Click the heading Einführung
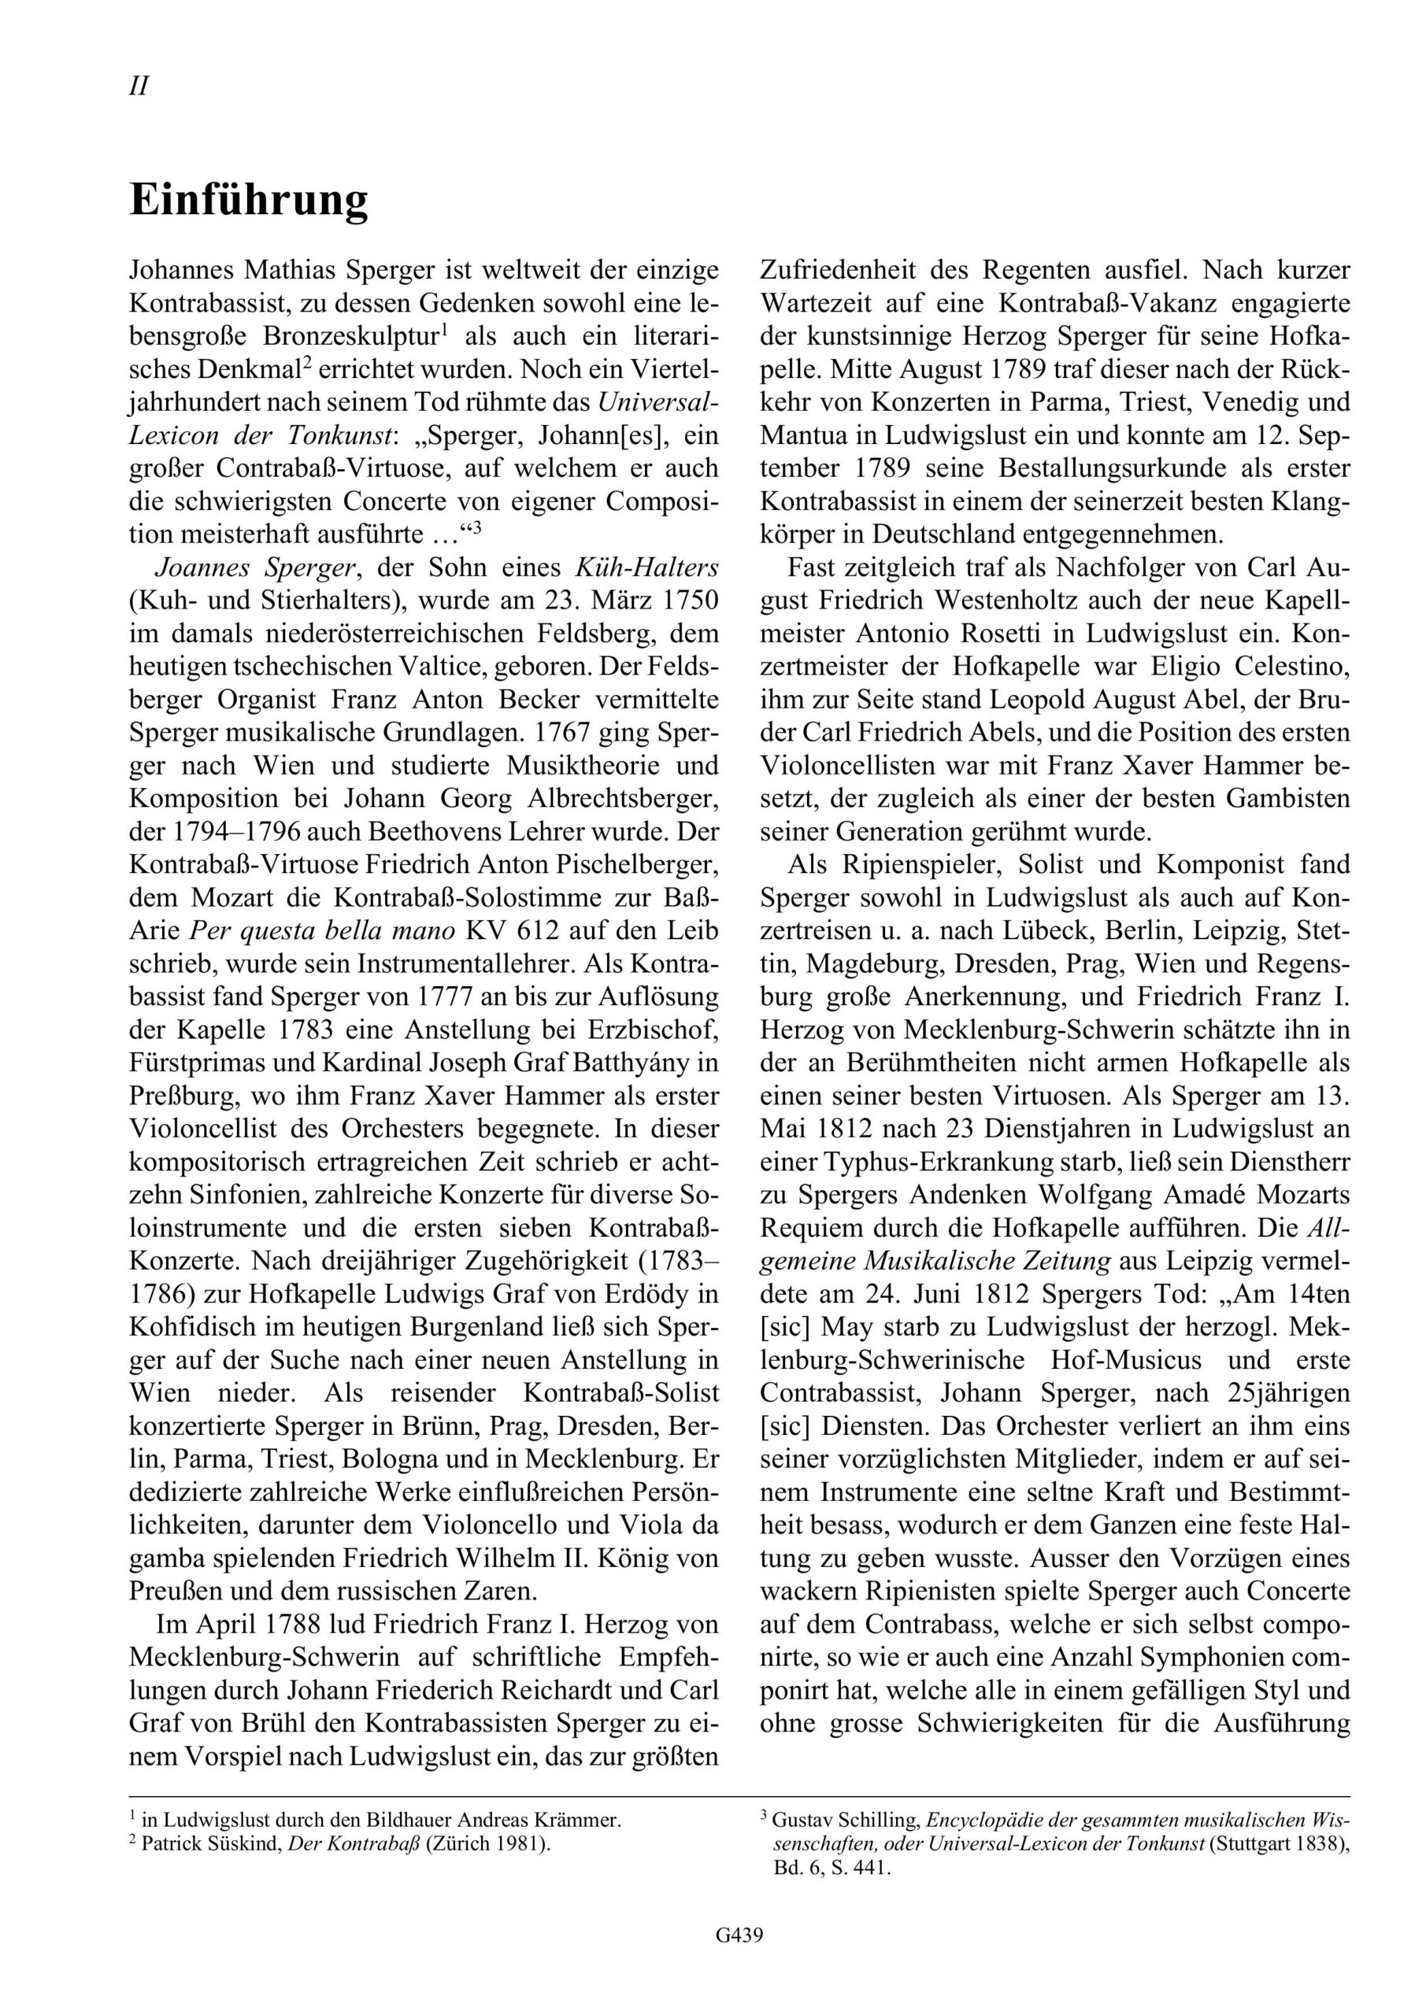(249, 201)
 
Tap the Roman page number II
(139, 87)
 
